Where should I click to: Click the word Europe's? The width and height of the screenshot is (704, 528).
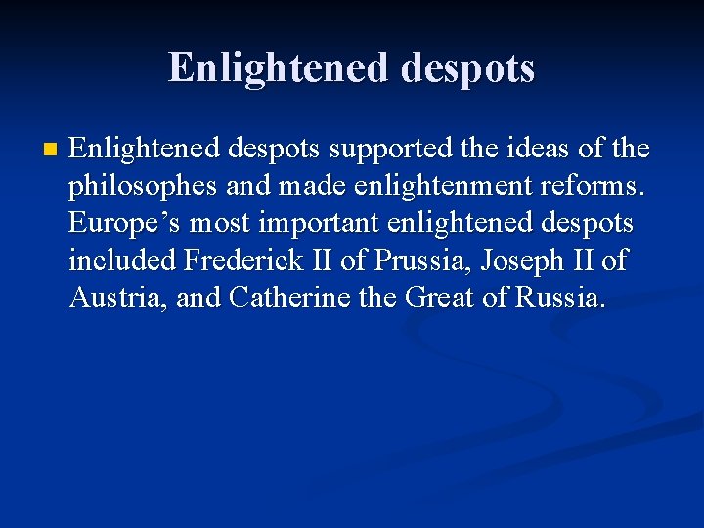coord(124,223)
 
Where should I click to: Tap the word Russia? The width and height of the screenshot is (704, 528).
coord(558,297)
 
